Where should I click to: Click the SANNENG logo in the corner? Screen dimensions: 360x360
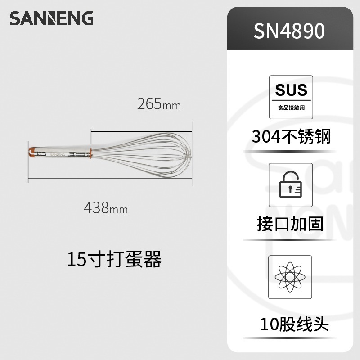[x=52, y=18]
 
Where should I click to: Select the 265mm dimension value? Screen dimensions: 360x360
[x=159, y=104]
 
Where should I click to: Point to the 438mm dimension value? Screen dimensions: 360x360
[x=106, y=208]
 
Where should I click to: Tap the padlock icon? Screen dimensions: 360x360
[x=291, y=185]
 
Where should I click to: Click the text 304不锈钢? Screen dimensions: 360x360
[x=291, y=136]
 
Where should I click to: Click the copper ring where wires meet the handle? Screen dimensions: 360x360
[x=91, y=153]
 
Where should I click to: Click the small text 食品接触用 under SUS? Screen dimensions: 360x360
[x=291, y=108]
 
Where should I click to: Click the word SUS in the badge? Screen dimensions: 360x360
[x=291, y=90]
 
